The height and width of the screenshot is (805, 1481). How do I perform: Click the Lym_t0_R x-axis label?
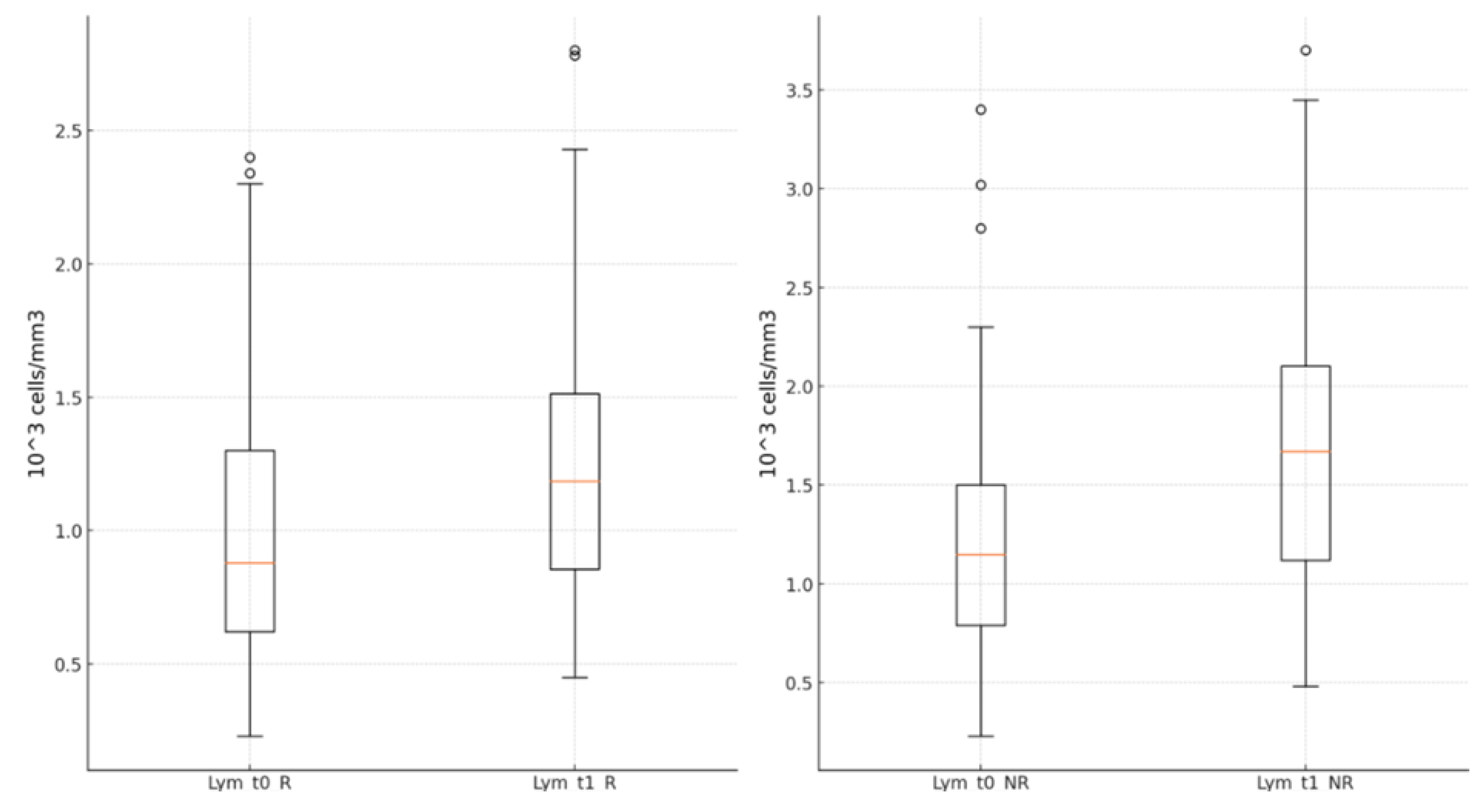[x=249, y=783]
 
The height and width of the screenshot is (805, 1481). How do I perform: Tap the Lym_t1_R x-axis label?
[x=575, y=783]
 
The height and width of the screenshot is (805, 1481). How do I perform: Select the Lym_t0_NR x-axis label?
[x=980, y=783]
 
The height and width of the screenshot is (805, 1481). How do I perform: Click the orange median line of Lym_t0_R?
[x=250, y=563]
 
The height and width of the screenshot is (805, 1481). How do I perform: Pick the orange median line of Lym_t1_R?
[x=575, y=481]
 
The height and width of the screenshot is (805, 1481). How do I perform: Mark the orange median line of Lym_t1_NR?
[x=1306, y=451]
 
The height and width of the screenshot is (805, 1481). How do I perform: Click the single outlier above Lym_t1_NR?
[x=1306, y=50]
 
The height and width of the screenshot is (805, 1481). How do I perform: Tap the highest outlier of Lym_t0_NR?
[x=981, y=110]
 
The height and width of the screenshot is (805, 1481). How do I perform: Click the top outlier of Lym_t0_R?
[x=250, y=158]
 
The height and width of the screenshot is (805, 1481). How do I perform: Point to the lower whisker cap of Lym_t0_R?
[x=250, y=736]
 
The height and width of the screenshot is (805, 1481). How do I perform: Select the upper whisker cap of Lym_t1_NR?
[x=1306, y=100]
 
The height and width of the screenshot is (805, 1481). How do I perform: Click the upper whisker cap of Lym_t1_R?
[x=575, y=149]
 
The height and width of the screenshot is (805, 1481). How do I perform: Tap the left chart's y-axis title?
[x=37, y=394]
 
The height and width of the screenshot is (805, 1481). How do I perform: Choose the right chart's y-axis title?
[x=768, y=394]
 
